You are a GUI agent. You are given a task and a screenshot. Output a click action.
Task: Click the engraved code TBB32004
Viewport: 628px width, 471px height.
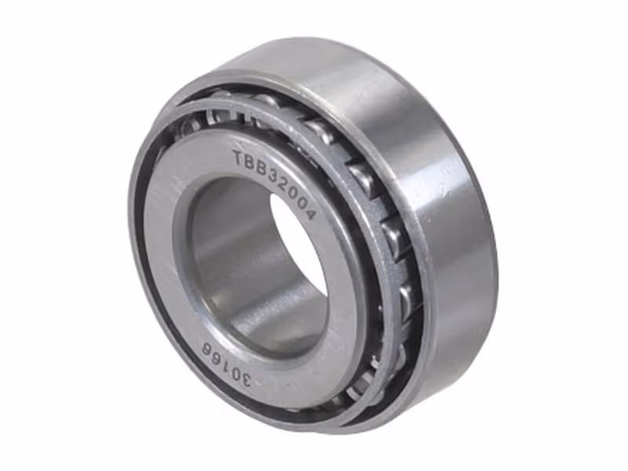pyautogui.click(x=275, y=183)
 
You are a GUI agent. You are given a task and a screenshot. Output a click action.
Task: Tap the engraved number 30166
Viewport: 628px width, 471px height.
pyautogui.click(x=228, y=365)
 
